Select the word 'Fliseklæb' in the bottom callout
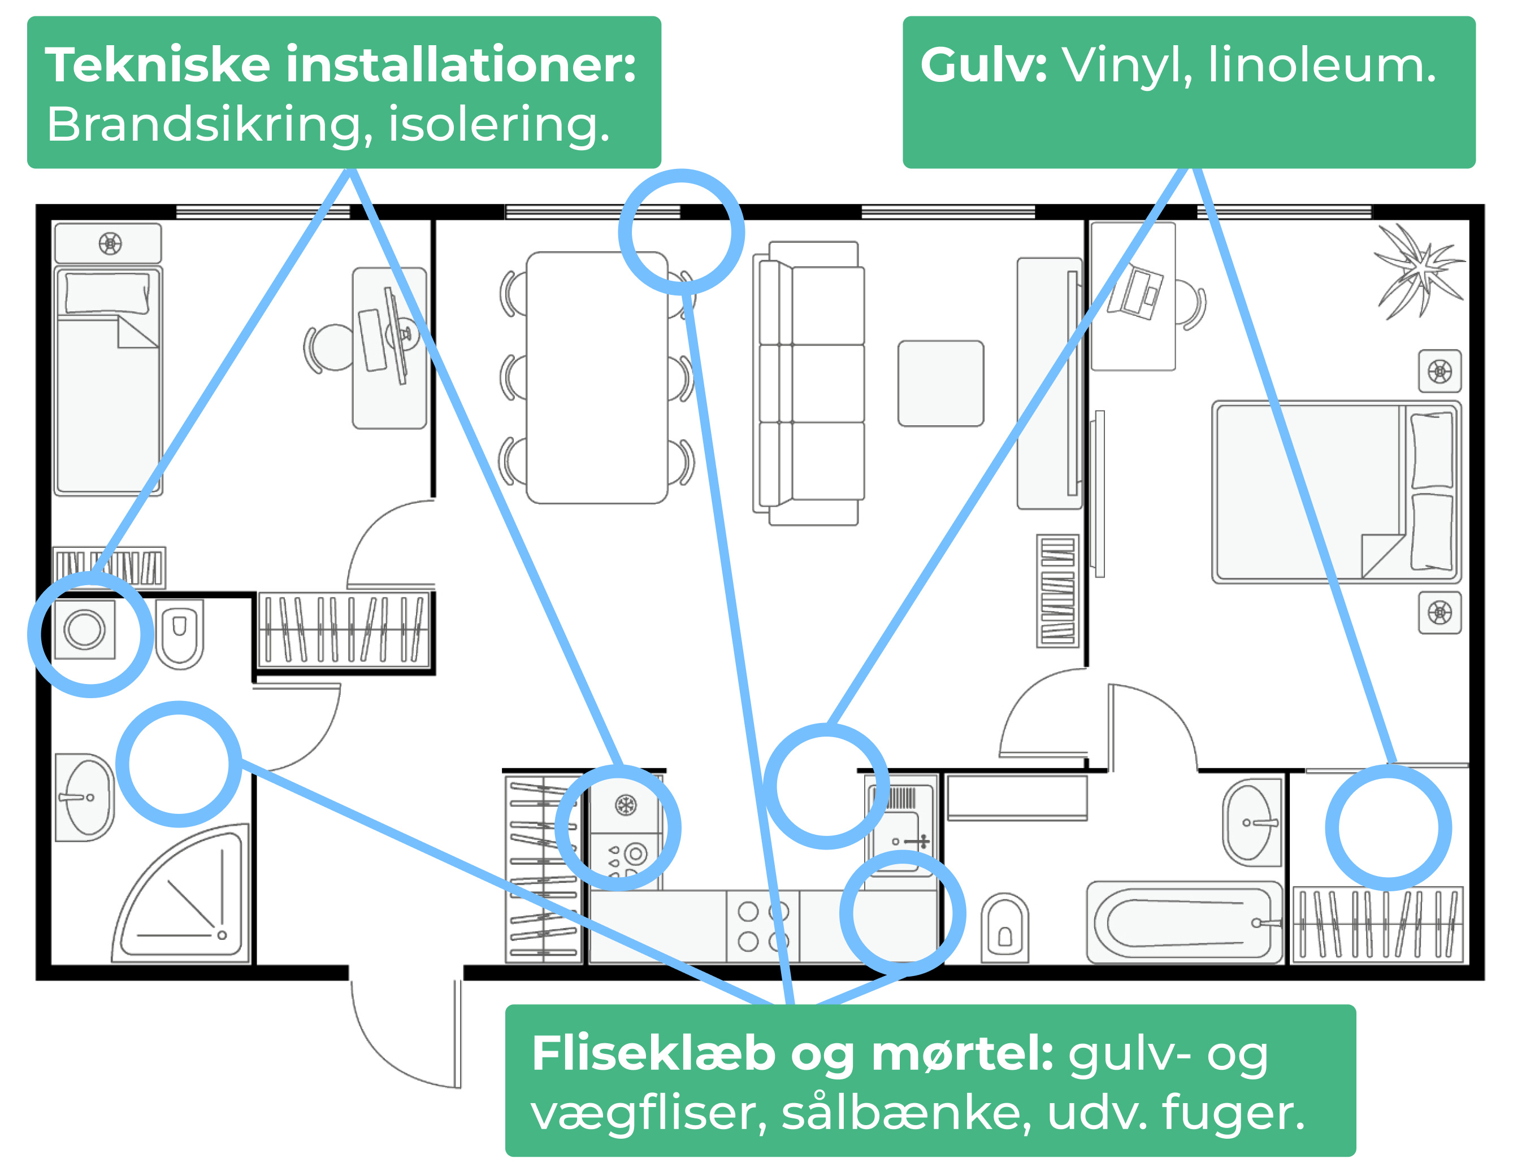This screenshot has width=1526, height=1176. tap(653, 1054)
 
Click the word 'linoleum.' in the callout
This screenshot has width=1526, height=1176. tap(1321, 66)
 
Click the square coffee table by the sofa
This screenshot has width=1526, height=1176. tap(940, 384)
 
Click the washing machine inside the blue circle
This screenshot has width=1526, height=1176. tap(85, 630)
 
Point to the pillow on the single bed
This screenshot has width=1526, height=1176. tap(107, 293)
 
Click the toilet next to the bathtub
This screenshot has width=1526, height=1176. tap(1004, 929)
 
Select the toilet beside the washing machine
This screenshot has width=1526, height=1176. tap(180, 633)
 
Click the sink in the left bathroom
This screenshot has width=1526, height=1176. tap(85, 798)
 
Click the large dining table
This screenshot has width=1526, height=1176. tap(596, 377)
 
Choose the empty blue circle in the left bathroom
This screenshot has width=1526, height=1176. tap(179, 764)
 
